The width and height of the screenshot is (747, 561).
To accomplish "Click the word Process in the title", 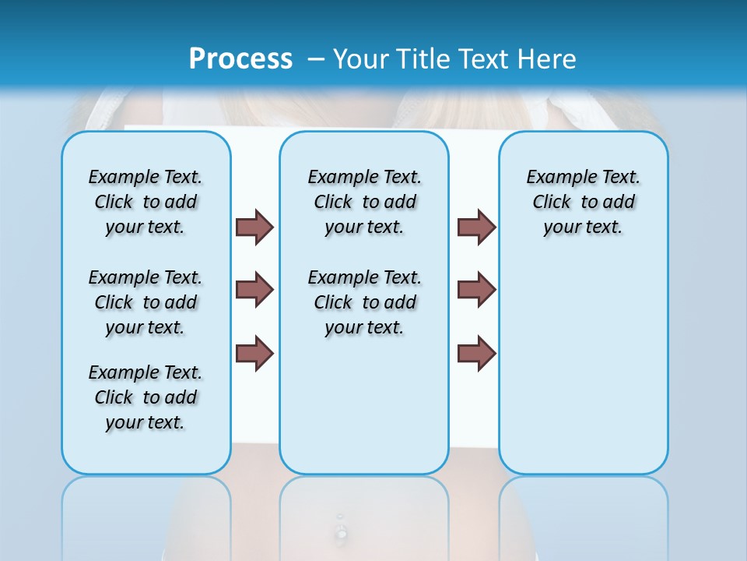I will [x=240, y=58].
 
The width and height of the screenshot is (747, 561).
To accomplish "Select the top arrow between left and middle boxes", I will [x=254, y=227].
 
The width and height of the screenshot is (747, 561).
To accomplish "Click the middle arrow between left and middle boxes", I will [x=254, y=290].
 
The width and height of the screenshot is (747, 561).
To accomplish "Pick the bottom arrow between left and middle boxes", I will [x=254, y=353].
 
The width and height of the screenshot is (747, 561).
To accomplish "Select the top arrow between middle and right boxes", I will [x=476, y=227].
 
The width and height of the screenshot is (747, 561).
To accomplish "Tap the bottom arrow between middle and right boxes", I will [x=476, y=353].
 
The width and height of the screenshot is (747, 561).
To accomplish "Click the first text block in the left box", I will [x=146, y=202].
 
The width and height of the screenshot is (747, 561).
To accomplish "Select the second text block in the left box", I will [x=146, y=302].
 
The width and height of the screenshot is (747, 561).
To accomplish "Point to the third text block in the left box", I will [x=146, y=397].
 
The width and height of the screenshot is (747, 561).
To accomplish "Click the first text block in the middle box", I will [x=364, y=202].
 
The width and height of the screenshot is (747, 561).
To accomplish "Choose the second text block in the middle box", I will [x=364, y=302].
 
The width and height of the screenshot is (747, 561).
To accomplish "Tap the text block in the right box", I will [x=583, y=202].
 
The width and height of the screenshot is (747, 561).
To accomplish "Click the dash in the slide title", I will [x=315, y=58].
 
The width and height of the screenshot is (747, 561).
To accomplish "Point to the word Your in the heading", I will [x=357, y=58].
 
